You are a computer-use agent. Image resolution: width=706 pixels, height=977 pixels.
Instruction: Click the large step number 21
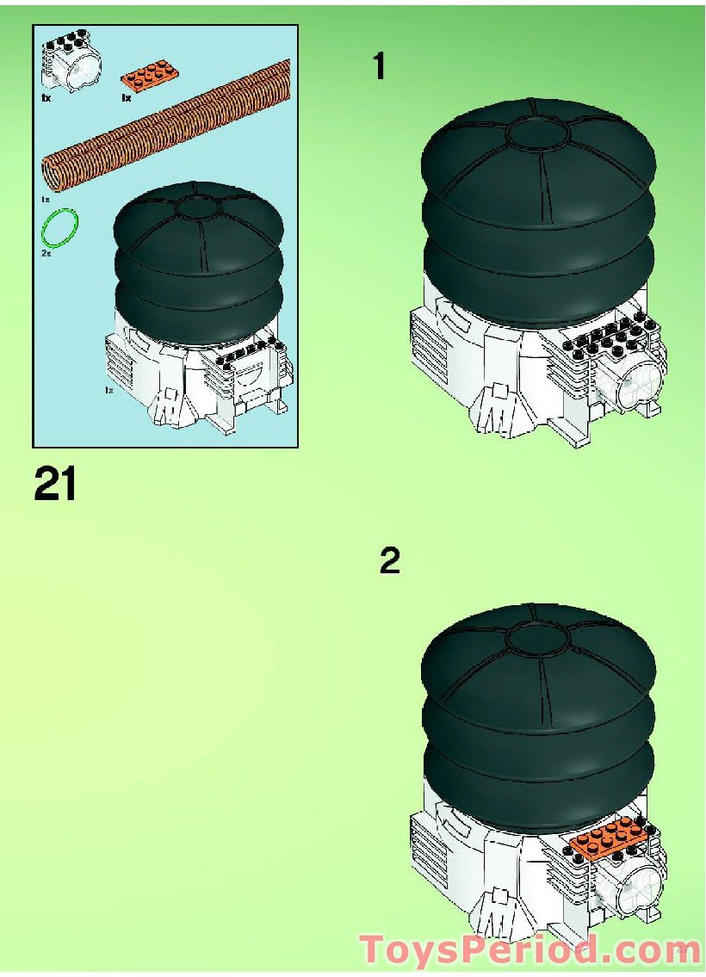pos(56,484)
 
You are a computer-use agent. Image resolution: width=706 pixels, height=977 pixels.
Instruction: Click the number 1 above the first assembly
pos(378,66)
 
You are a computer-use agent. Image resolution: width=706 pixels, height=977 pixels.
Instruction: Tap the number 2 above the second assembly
pos(390,561)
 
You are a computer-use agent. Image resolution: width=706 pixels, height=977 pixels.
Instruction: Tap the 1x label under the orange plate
pos(127,98)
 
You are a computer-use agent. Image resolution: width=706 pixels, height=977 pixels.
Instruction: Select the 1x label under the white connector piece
pos(46,98)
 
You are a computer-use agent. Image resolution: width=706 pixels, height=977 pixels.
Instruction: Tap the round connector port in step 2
pos(635,887)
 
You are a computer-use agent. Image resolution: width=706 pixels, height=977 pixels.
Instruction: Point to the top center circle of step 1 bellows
pos(537,133)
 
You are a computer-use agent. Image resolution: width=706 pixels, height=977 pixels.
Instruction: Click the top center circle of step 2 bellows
pos(537,638)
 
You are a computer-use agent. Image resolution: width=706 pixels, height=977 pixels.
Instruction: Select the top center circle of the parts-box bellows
pos(200,207)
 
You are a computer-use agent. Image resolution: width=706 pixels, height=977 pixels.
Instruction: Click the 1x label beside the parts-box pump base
pos(108,391)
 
